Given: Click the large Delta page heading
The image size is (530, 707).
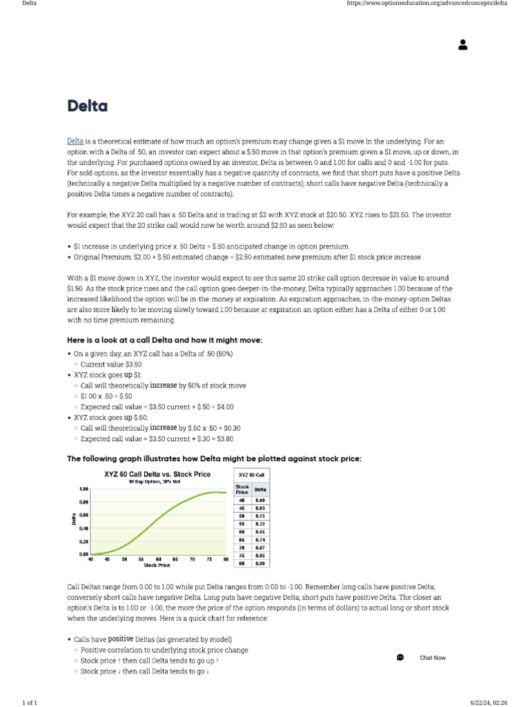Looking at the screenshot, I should (x=88, y=106).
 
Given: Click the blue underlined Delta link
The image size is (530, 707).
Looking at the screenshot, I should (x=75, y=141).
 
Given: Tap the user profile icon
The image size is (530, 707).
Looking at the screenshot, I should (x=462, y=45).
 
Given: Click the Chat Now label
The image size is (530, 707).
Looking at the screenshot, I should (x=433, y=658).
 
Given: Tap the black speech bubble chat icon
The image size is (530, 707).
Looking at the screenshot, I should (x=400, y=657).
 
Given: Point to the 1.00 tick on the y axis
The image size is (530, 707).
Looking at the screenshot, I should (x=84, y=489).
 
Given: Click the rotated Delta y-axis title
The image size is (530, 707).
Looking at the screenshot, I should (x=74, y=519).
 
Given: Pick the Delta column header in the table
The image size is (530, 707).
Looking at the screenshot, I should (x=260, y=490).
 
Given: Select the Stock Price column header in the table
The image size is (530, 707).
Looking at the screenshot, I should (x=242, y=490).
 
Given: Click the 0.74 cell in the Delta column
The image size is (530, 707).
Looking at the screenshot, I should (x=260, y=539).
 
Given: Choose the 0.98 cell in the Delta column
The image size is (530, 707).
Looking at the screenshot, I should (x=260, y=563).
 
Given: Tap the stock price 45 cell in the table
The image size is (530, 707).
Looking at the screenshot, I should (x=242, y=507).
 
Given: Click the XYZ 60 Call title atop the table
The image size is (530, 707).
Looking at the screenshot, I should (x=251, y=475).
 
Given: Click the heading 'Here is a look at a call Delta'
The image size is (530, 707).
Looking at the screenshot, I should (x=164, y=340).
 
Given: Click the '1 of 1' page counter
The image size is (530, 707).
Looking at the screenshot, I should (x=30, y=702).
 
